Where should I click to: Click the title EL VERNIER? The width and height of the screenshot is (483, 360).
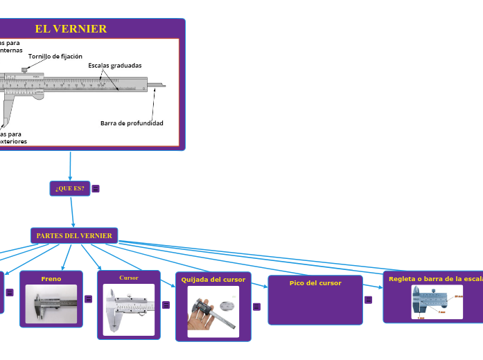71,29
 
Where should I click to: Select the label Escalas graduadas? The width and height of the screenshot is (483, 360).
115,66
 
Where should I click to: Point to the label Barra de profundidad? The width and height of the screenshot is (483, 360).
132,123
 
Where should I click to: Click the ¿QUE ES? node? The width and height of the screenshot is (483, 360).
70,188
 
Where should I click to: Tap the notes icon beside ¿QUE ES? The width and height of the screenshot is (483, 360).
96,188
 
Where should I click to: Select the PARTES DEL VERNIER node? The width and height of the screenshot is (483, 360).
74,235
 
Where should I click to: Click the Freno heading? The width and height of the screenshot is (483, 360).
51,279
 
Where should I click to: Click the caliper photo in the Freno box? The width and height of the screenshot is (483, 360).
51,304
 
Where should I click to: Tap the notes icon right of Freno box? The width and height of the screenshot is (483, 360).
88,299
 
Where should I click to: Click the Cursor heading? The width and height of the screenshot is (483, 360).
129,278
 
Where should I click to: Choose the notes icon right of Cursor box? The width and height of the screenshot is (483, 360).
166,305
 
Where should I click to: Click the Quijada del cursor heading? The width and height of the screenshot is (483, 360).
213,280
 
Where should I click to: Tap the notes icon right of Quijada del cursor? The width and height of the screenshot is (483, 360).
256,307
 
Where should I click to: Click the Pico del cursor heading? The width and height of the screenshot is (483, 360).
315,283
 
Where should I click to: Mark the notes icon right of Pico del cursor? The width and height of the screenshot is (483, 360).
368,300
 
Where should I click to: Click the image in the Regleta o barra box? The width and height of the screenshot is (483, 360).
437,302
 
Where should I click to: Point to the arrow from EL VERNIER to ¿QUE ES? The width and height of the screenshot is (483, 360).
71,166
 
